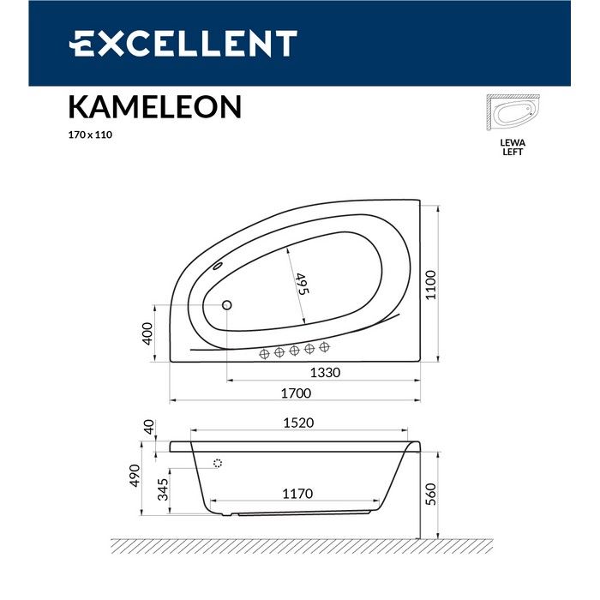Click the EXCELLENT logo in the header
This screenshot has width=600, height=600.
click(x=183, y=43)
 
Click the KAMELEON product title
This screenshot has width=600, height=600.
click(x=154, y=107)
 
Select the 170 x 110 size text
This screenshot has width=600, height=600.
click(x=91, y=135)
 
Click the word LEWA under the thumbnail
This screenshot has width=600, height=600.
click(x=513, y=144)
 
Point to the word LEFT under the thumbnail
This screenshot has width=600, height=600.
click(x=513, y=153)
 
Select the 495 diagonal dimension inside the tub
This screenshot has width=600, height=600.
click(x=301, y=284)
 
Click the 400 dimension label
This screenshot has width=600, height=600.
click(x=147, y=333)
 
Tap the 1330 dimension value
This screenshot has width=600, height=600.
click(x=326, y=373)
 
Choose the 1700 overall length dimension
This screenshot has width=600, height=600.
click(x=296, y=393)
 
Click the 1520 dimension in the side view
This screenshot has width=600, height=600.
click(x=298, y=423)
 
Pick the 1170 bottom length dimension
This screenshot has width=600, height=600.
click(x=297, y=495)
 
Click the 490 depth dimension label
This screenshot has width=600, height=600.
click(x=135, y=478)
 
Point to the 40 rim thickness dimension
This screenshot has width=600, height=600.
click(x=147, y=428)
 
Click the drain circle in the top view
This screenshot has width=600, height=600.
click(x=227, y=304)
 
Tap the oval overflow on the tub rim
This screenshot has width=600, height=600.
click(x=217, y=266)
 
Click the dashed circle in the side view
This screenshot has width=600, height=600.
click(x=216, y=464)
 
